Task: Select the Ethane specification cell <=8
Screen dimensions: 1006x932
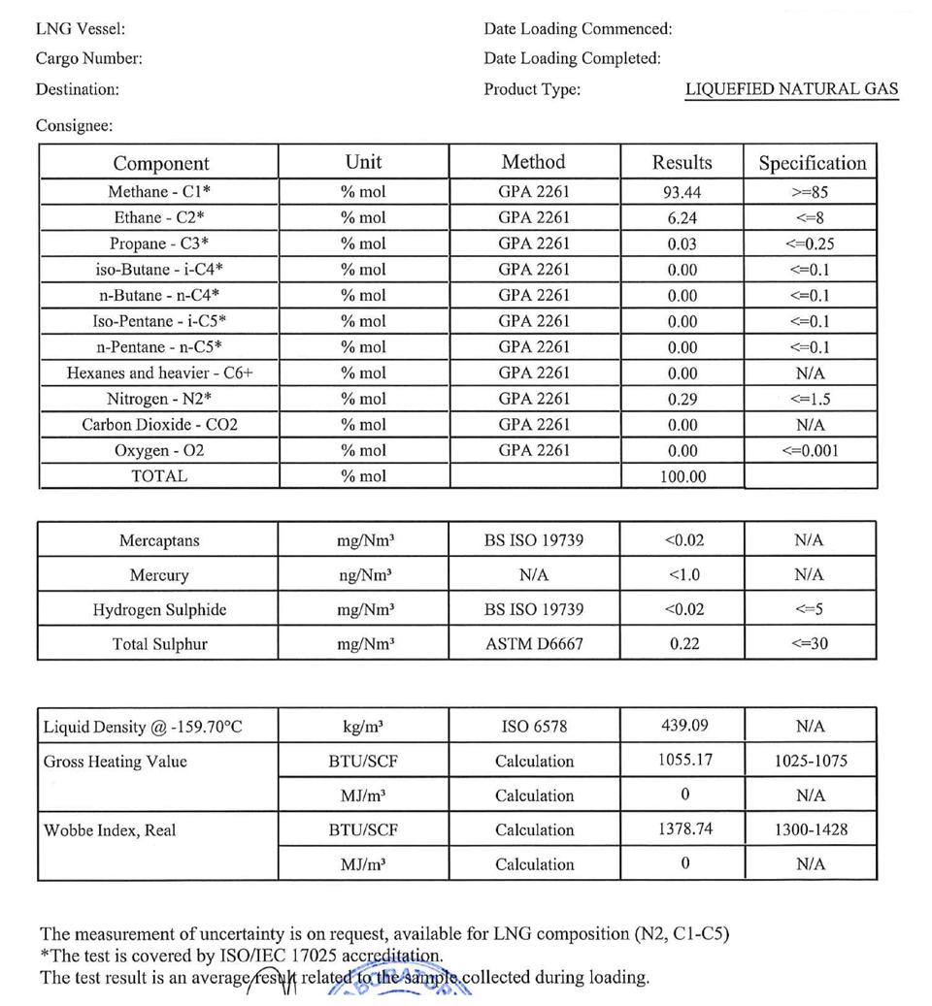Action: tap(810, 218)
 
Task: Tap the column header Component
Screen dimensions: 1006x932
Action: tap(160, 163)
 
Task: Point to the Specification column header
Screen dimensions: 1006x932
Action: tap(812, 163)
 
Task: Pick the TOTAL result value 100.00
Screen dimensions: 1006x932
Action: tap(682, 476)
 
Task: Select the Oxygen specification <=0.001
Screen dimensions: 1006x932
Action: tap(810, 450)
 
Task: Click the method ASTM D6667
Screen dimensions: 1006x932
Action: tap(534, 643)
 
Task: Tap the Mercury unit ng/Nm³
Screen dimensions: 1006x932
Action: tap(364, 575)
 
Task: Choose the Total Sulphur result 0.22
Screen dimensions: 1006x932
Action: tap(684, 643)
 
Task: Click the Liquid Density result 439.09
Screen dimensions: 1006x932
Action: tap(684, 726)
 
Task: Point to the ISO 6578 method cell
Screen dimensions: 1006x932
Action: tap(534, 726)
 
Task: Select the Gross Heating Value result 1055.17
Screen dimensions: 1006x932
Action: tap(684, 760)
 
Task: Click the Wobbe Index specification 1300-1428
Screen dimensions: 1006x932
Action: tap(810, 829)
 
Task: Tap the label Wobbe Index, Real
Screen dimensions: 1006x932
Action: tap(110, 830)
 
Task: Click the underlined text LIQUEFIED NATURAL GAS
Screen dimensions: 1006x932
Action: tap(791, 89)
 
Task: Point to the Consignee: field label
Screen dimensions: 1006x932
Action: tap(74, 126)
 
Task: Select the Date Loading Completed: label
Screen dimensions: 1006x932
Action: tap(572, 59)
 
